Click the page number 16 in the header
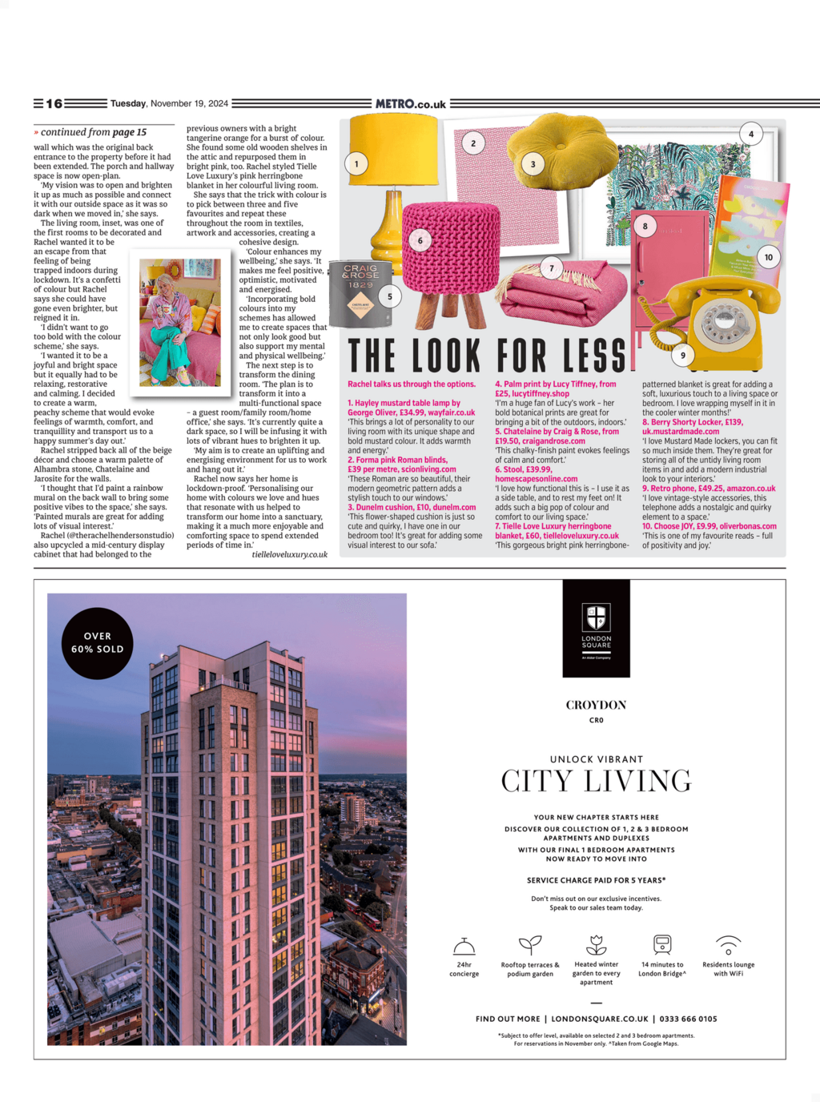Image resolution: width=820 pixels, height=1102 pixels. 54,103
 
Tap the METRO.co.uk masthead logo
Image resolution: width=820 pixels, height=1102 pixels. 411,103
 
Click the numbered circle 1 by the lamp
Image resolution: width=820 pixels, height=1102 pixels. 356,164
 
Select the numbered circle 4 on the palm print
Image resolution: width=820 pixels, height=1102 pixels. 750,134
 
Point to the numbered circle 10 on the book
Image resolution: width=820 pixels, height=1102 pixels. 768,257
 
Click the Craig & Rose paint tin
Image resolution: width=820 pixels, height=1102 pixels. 361,293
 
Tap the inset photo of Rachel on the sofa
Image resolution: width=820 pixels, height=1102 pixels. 180,323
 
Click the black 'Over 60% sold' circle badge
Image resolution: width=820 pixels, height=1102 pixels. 98,643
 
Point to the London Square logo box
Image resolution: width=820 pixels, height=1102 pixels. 596,629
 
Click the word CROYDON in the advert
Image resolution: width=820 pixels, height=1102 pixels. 596,705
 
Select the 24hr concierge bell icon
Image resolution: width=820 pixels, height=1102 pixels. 464,946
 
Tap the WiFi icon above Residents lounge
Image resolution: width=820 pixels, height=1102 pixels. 728,944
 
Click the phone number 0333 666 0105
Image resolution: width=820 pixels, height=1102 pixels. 688,1019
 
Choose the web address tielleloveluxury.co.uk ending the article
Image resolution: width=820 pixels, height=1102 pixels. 289,554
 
